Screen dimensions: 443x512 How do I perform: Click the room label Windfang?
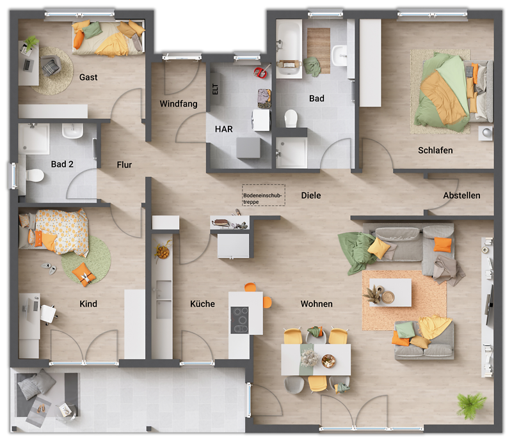179,104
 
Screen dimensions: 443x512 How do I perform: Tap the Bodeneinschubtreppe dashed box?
263,196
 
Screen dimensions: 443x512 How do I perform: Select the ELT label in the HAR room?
215,90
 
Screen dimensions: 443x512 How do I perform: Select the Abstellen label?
461,196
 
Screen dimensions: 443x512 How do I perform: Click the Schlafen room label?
435,151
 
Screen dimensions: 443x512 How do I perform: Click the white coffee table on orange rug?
390,292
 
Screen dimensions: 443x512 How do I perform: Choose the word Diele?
311,196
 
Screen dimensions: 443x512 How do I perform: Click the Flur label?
124,165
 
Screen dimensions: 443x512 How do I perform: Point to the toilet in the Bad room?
291,118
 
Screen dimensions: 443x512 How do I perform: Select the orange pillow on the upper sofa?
443,244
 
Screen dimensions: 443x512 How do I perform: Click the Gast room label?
88,77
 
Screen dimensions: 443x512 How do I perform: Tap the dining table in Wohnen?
316,360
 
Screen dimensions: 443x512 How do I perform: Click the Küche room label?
202,304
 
